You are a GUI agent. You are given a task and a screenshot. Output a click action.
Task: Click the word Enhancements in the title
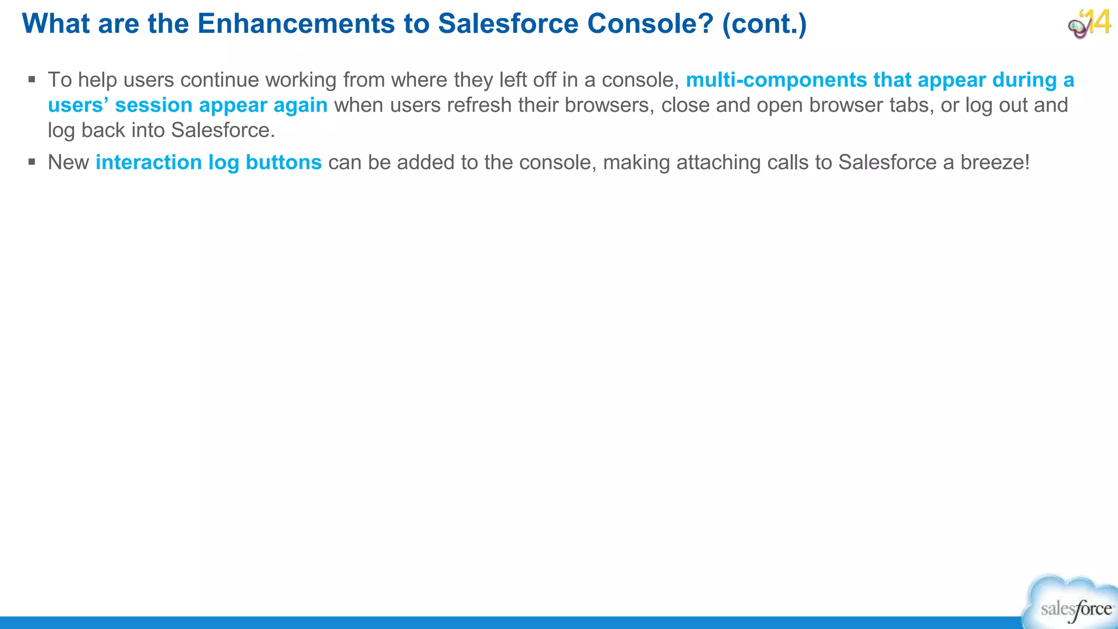point(296,24)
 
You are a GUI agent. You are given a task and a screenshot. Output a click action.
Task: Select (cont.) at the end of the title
point(764,24)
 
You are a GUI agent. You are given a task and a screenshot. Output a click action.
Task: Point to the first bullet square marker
point(32,80)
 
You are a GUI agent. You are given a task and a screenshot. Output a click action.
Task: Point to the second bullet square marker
point(32,162)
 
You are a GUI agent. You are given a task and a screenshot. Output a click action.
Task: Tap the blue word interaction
point(148,163)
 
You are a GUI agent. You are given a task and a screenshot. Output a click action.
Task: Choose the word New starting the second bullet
point(68,163)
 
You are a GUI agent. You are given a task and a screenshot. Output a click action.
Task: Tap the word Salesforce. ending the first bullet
point(223,130)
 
